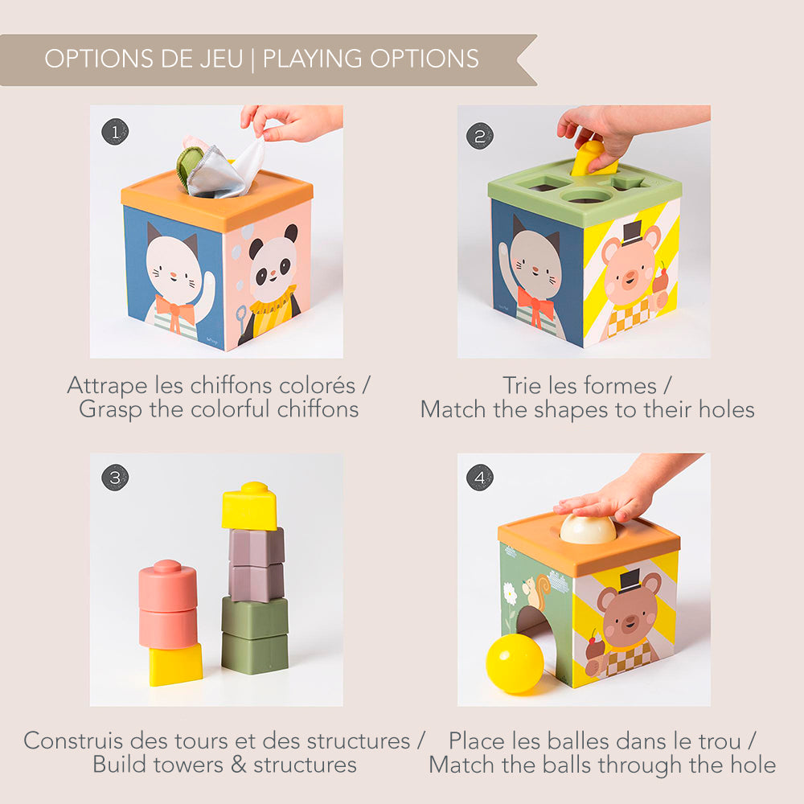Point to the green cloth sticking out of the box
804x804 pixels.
click(191, 167)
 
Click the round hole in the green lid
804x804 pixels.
click(586, 195)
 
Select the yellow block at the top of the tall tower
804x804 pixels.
click(249, 507)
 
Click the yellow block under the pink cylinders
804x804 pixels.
click(175, 664)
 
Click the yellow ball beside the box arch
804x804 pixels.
click(515, 662)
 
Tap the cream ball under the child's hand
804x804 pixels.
click(588, 529)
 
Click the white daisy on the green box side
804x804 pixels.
click(510, 595)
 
